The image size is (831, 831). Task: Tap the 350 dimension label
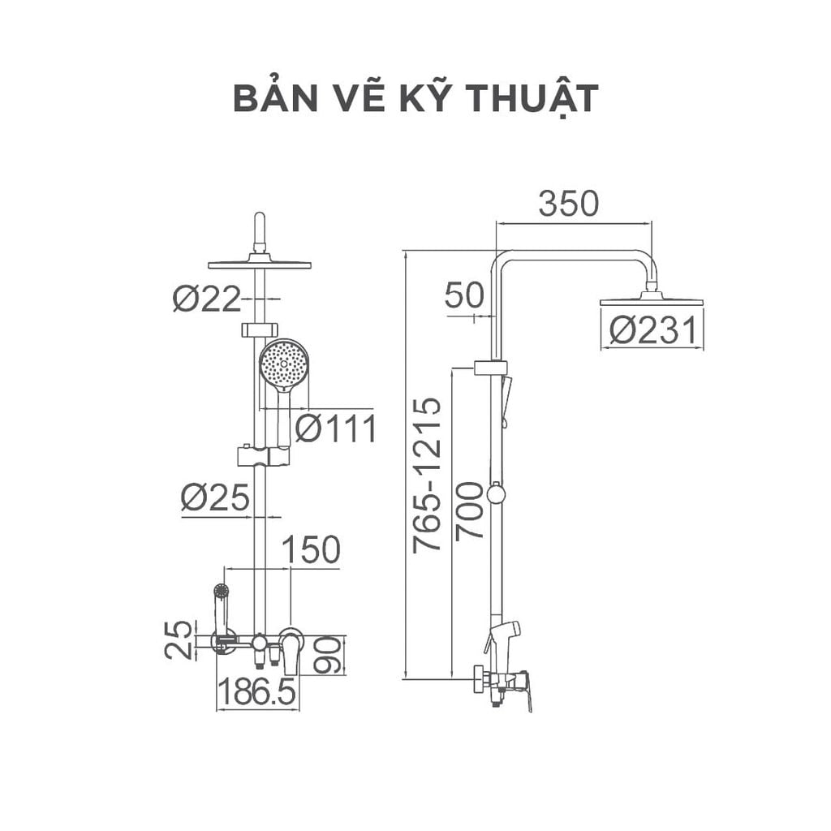coord(568,204)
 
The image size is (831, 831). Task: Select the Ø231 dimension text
coord(652,331)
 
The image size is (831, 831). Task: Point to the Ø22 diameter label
coord(207,299)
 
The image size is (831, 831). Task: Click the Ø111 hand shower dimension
coord(335,428)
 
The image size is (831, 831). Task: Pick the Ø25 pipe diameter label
coord(214,498)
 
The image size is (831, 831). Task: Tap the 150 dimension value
coord(310,550)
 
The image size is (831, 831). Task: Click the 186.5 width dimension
coord(258,694)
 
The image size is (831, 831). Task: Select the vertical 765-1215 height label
coord(427,476)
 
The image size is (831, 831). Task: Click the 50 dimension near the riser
coord(464,296)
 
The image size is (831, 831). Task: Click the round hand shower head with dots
coord(283,364)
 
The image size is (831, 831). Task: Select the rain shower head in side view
coord(651,300)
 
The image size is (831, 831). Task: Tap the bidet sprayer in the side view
coord(504,634)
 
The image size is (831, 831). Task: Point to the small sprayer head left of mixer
coord(220,592)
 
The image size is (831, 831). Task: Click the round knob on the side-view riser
coord(496,493)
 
